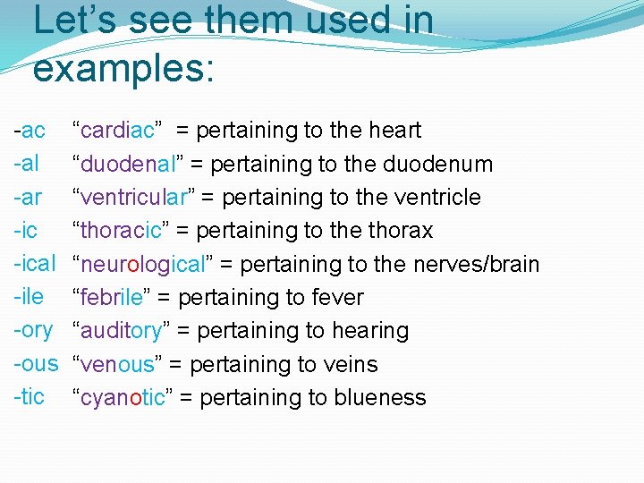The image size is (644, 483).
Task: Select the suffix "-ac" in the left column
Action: (30, 131)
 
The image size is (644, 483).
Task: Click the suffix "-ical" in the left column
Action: (35, 264)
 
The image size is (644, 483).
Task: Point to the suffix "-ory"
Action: (33, 330)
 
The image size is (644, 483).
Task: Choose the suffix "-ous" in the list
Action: (35, 364)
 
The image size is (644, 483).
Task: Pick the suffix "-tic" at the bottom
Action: (30, 397)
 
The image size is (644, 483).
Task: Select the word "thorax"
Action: (400, 231)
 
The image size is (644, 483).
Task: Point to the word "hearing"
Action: (370, 330)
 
